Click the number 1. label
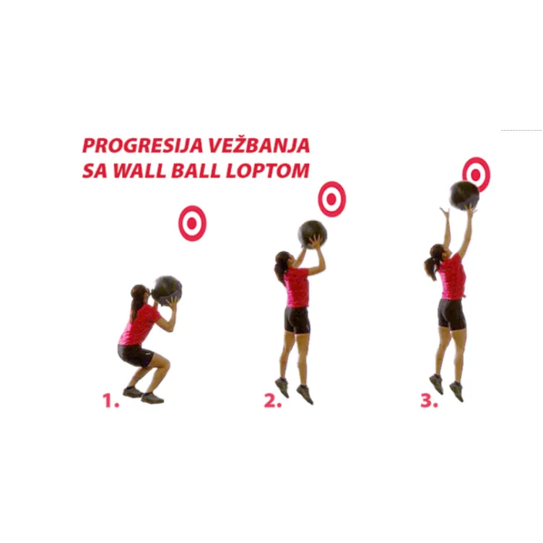point(110,401)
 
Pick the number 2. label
point(271,401)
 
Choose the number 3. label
point(429,401)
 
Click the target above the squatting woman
point(192,224)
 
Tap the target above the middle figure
point(332,199)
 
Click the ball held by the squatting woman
point(168,289)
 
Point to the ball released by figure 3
point(464,195)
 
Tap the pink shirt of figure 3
point(453,277)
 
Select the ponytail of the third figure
point(430,266)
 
